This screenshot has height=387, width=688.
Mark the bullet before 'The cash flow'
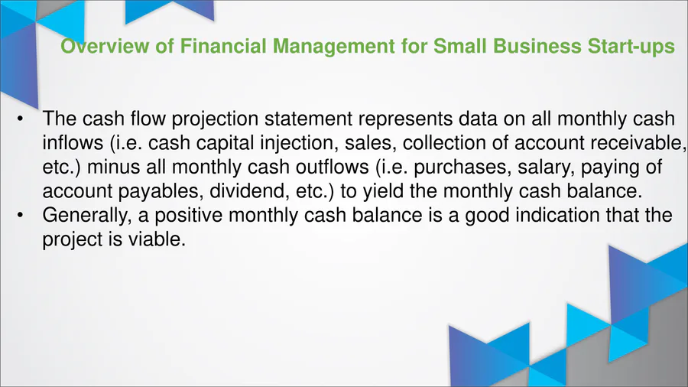tap(20, 119)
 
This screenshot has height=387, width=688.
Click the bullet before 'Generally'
tap(20, 216)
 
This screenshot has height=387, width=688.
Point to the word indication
tap(557, 216)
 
